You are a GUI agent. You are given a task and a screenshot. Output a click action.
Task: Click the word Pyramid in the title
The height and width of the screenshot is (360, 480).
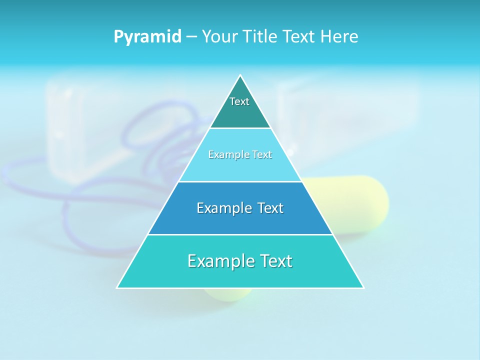coord(147,37)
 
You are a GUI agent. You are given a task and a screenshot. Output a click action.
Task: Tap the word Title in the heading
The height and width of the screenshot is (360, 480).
coord(259,37)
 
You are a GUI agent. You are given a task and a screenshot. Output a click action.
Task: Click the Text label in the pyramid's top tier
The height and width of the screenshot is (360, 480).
coord(239,101)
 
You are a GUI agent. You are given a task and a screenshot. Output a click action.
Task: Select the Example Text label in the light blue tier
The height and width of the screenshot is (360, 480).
coord(240,154)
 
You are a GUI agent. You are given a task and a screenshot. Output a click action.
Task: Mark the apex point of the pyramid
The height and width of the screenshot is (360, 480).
coord(240,75)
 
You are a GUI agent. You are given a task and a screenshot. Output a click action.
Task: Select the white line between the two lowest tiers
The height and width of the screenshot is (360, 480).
coord(240,234)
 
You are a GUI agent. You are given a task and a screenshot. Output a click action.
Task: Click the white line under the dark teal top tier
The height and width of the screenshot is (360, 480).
coord(240,128)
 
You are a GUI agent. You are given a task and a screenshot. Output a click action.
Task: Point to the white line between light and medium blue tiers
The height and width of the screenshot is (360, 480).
coord(240,181)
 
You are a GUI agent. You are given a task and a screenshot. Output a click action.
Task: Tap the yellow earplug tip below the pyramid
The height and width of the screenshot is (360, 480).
coord(227,294)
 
